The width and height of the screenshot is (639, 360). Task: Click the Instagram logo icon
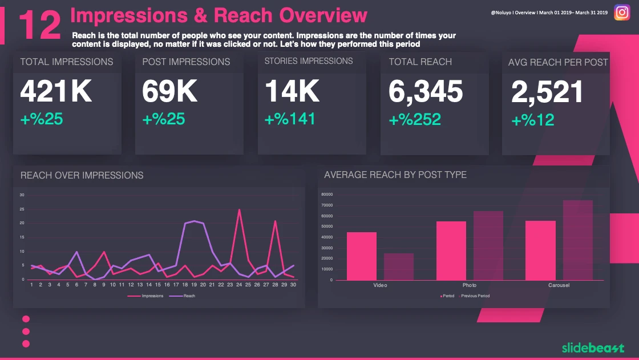(621, 12)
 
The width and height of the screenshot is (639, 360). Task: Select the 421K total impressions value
(56, 91)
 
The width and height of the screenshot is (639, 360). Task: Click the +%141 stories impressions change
(290, 119)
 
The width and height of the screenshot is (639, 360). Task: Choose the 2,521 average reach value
(548, 92)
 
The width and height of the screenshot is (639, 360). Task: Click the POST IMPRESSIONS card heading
(186, 62)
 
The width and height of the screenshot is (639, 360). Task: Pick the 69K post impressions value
(169, 91)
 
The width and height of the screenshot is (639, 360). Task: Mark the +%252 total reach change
(415, 119)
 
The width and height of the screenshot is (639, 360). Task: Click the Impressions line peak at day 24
(239, 210)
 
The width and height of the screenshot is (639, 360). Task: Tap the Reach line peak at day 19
(195, 221)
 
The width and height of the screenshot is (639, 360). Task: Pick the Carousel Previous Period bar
(578, 240)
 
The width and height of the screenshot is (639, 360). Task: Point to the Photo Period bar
(451, 250)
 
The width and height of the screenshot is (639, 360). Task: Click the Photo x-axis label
(470, 285)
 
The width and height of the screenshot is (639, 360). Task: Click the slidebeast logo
(592, 347)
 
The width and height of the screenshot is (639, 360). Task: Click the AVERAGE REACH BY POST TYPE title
(395, 175)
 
